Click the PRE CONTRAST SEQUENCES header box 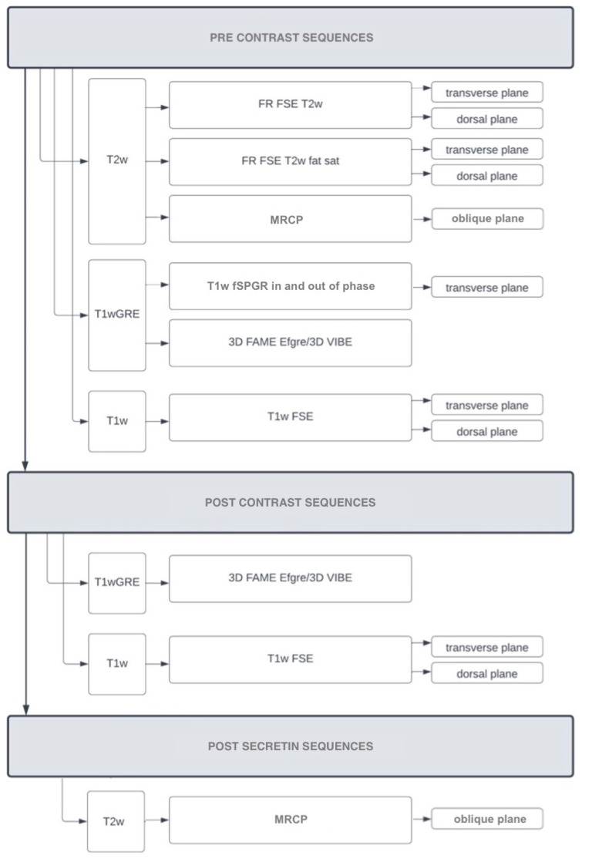point(291,37)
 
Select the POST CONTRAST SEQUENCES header point(291,503)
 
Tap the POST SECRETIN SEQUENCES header point(291,746)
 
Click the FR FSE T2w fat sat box point(290,162)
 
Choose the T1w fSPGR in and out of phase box point(290,286)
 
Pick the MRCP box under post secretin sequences point(290,820)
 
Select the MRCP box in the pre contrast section point(290,218)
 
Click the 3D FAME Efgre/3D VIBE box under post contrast point(290,578)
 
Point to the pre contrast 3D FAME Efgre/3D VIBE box point(290,342)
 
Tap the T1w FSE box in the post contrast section point(290,659)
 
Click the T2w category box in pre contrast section point(117,161)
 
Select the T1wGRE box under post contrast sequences point(117,582)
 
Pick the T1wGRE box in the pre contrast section point(117,315)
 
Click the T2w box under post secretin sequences point(116,821)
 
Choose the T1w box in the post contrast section point(117,663)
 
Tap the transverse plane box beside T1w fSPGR point(487,287)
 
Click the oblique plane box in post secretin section point(487,819)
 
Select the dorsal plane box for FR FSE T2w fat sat point(487,176)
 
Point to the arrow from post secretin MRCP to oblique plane point(422,820)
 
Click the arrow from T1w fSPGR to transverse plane point(422,287)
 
